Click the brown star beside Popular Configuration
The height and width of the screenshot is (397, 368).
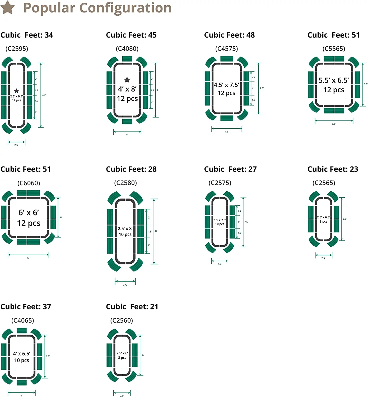coord(8,7)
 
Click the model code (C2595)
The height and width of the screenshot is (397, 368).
coord(17,49)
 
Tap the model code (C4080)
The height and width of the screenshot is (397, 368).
coord(127,49)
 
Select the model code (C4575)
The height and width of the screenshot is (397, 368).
coord(226,49)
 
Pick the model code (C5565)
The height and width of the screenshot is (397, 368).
coord(334,49)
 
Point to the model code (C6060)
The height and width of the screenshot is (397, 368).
coord(29,183)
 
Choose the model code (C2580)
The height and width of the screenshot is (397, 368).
coord(125,183)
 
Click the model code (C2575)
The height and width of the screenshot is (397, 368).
coord(220,183)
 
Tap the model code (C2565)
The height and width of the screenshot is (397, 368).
coord(324,183)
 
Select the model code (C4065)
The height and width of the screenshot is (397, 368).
coord(23,321)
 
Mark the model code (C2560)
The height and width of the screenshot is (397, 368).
coord(122,321)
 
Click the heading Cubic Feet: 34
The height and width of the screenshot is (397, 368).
coord(27,35)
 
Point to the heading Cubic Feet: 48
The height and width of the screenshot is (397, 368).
coord(229,35)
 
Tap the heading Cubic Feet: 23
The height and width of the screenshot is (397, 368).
coord(333,169)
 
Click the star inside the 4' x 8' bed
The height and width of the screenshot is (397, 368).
coord(127,80)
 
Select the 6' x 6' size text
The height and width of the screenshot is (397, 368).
coord(29,213)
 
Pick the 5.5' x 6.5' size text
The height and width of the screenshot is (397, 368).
coord(334,80)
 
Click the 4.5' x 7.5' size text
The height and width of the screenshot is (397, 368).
coord(226,85)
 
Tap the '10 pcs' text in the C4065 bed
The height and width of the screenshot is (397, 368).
coord(22,360)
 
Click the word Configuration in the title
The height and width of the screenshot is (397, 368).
coord(125,8)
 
